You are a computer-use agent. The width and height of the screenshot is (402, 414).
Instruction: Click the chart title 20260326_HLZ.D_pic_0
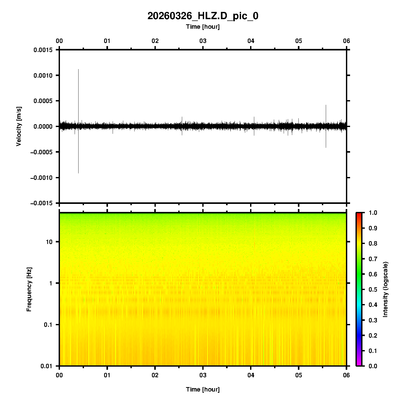pos(203,16)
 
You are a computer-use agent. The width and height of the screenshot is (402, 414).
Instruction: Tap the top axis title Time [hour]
pos(203,27)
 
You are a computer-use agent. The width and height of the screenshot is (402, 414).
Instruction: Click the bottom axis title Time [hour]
pos(203,389)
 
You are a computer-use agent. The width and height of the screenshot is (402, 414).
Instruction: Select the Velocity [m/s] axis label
pos(19,126)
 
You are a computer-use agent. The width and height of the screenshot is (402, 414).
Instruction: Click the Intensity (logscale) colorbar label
pos(385,289)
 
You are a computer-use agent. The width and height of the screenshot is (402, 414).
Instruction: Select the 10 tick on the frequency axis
pos(49,242)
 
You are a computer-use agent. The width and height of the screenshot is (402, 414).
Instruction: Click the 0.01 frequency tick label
pos(47,366)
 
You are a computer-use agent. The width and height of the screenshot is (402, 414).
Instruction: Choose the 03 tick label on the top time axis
pos(203,41)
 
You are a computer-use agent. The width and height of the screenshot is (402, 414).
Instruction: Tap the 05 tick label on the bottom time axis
pos(299,375)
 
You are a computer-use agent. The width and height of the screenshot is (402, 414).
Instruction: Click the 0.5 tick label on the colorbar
pos(373,289)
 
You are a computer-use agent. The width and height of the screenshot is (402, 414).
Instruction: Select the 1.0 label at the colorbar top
pos(373,213)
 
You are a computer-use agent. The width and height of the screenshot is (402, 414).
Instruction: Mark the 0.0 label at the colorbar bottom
pos(373,366)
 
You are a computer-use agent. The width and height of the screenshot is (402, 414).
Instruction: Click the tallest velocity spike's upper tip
pos(78,69)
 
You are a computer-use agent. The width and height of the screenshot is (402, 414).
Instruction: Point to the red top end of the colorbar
pos(359,214)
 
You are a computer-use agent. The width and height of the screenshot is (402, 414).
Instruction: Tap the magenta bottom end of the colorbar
pos(359,365)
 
